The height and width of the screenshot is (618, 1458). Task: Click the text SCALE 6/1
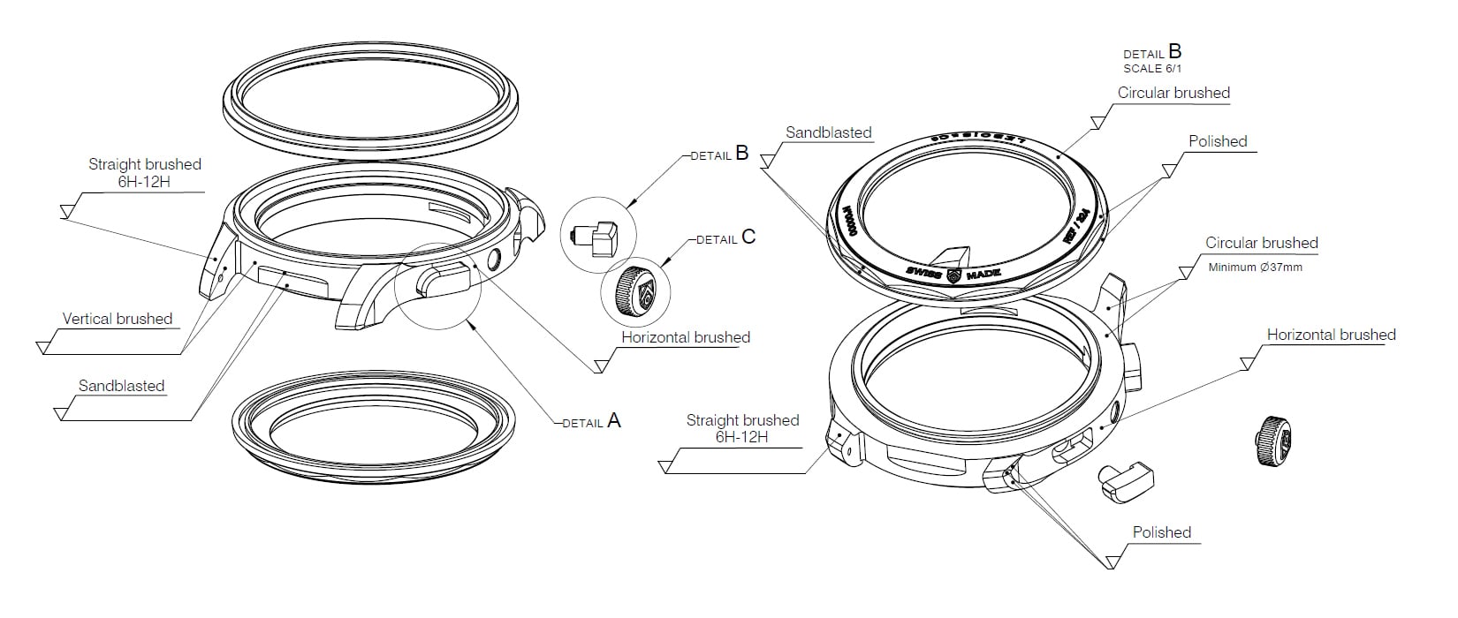(x=1152, y=68)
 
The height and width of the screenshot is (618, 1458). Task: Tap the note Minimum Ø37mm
(x=1255, y=267)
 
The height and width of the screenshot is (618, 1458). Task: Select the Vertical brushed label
(x=118, y=319)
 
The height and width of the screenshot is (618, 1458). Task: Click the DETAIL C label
(x=725, y=237)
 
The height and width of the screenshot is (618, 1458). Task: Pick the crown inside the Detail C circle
(x=634, y=292)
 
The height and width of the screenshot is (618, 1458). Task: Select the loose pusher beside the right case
(x=1125, y=481)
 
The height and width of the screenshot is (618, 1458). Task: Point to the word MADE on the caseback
(x=983, y=275)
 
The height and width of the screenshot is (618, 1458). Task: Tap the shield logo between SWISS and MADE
(x=953, y=275)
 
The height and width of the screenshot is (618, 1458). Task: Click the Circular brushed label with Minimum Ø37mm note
(x=1261, y=243)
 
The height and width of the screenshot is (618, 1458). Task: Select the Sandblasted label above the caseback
(x=828, y=132)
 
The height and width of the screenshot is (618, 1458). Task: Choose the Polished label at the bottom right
(x=1161, y=532)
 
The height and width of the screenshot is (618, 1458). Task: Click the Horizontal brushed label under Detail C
(x=685, y=337)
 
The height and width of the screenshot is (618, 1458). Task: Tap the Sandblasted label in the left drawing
(x=121, y=386)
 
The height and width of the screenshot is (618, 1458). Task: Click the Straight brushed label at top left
(x=145, y=173)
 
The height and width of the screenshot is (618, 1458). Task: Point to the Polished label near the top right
(x=1217, y=141)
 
